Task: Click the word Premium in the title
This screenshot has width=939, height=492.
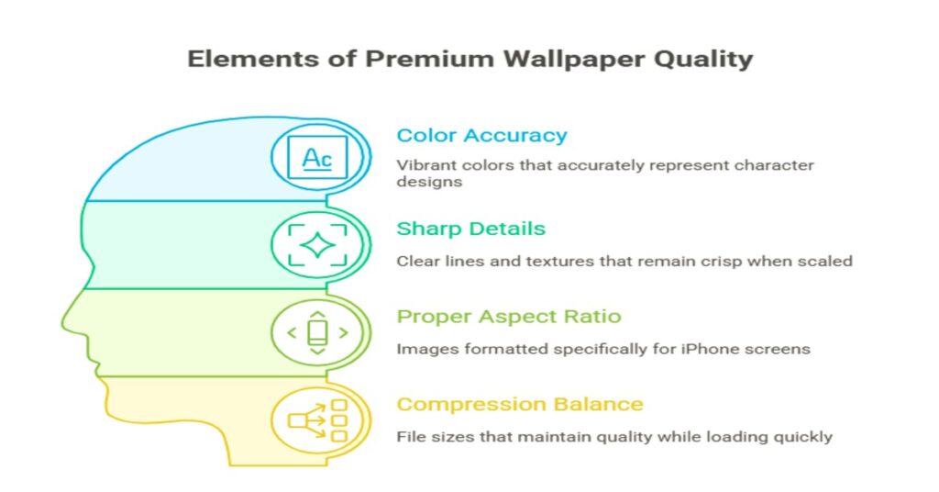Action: coord(429,60)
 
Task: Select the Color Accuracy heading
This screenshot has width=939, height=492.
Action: coord(481,136)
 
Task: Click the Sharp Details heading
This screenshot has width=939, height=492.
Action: coord(470,229)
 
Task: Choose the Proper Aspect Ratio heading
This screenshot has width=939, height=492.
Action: coord(508,317)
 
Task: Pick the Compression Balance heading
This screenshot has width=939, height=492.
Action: coord(520,405)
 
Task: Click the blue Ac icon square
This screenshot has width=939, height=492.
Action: coord(317,157)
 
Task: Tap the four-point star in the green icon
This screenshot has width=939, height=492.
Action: coord(317,245)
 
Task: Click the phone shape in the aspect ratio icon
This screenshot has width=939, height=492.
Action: coord(317,332)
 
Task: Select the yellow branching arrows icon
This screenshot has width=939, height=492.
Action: coord(317,420)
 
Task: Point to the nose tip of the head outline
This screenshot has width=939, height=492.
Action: coord(62,326)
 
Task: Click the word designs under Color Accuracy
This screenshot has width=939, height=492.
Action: coord(429,182)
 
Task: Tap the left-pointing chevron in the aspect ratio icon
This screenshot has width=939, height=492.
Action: coord(292,332)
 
